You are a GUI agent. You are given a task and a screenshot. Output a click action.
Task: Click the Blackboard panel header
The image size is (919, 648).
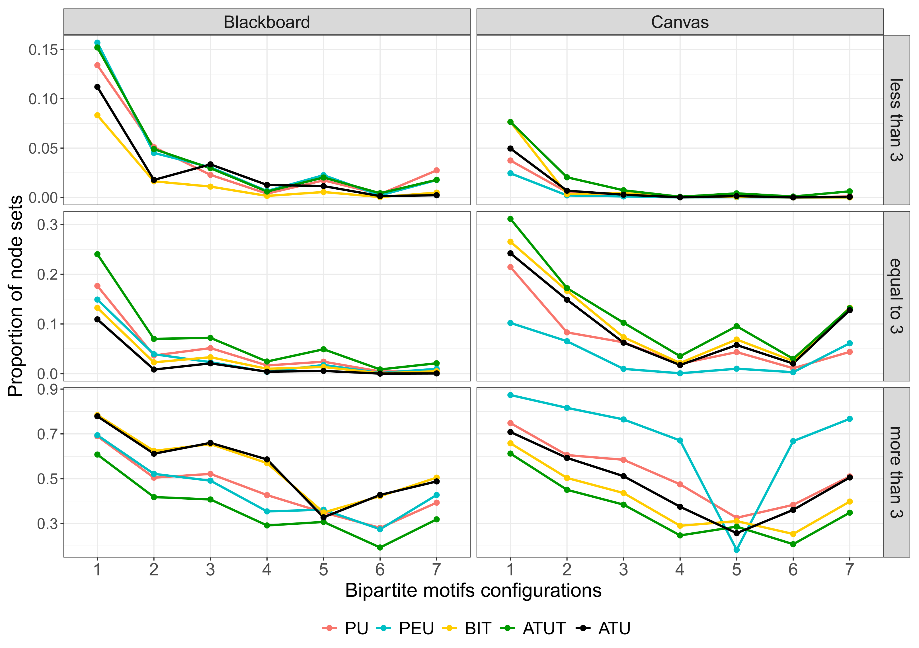coord(266,22)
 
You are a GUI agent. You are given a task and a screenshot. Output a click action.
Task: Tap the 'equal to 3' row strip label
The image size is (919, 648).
coord(896,296)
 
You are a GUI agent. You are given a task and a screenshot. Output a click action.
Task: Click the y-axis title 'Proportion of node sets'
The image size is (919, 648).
coord(15,296)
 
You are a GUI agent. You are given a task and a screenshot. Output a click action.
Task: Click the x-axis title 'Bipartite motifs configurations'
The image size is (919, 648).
coord(473,591)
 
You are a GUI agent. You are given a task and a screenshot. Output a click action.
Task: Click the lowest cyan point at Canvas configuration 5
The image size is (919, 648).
coord(737,550)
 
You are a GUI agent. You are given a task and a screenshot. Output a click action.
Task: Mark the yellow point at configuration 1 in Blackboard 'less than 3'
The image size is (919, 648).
coord(97,115)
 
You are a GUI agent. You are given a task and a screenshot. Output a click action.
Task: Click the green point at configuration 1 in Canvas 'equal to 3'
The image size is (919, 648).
coord(510,219)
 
